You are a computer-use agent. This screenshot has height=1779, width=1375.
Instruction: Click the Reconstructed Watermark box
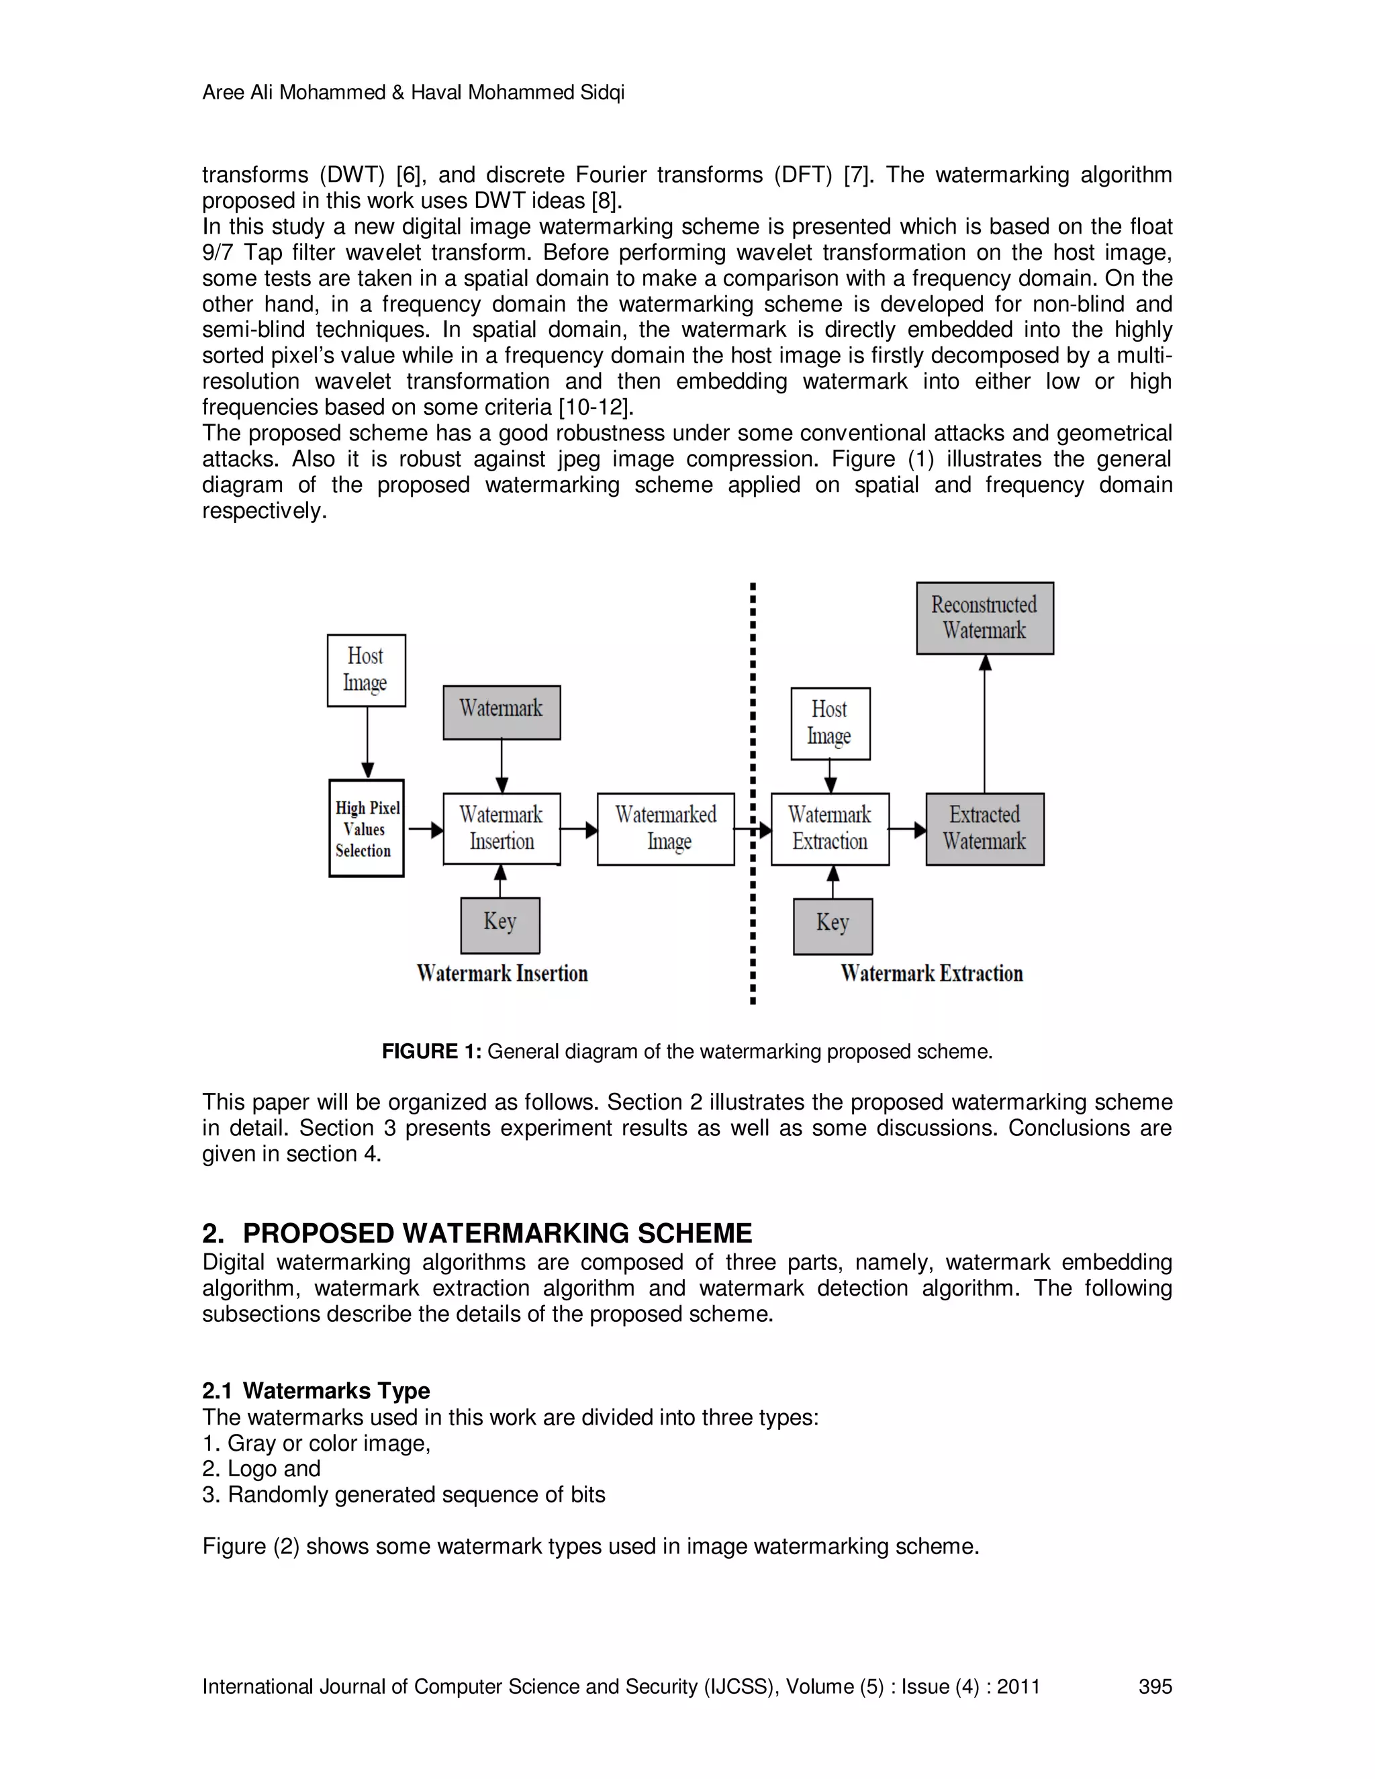point(984,618)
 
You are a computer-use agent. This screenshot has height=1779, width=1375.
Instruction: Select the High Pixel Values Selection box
point(367,828)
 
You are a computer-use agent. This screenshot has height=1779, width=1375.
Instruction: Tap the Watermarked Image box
point(665,828)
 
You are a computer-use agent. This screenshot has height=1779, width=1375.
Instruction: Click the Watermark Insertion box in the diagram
point(502,828)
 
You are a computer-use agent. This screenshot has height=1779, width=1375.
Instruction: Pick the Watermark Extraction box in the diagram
point(829,828)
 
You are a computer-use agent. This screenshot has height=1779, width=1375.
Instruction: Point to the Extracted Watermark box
point(984,828)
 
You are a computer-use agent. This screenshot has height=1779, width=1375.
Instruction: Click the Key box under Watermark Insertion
point(500,924)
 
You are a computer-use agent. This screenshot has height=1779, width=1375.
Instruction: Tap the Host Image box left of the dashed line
point(366,669)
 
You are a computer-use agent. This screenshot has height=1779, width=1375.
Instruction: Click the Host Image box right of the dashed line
point(830,722)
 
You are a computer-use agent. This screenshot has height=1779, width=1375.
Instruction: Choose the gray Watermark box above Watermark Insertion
point(502,712)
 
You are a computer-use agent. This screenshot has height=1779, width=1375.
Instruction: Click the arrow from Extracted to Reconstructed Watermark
point(985,725)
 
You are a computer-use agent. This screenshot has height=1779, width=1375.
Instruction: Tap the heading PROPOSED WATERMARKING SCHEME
point(497,1233)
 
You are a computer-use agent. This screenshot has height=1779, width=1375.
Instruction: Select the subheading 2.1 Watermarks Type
point(316,1390)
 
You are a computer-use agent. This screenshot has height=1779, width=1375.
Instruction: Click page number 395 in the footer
point(1154,1686)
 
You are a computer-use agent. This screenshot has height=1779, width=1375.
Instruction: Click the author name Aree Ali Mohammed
point(293,93)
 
